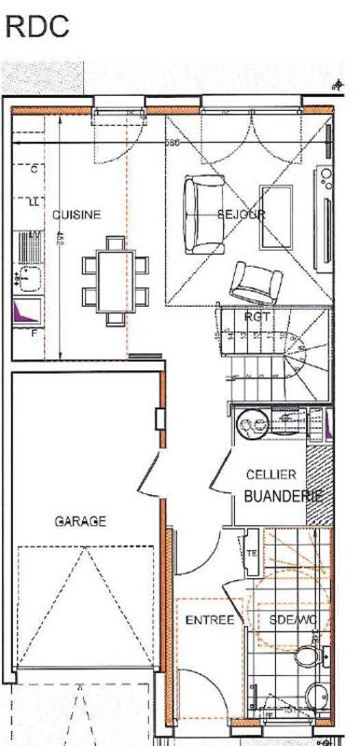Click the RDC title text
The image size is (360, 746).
coord(37,27)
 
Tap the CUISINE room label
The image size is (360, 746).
coord(76,214)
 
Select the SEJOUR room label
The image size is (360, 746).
coord(242,214)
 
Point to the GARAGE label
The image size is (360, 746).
coord(79,521)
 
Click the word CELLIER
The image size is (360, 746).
coord(271,475)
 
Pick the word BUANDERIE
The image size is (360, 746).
coord(283,496)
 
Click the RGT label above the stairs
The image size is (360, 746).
coord(257,317)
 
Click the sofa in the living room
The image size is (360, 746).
coord(202,214)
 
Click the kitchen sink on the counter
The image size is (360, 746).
coord(26,277)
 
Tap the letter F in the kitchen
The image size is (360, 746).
coord(35,331)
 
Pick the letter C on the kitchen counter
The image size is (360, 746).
coord(35,170)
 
